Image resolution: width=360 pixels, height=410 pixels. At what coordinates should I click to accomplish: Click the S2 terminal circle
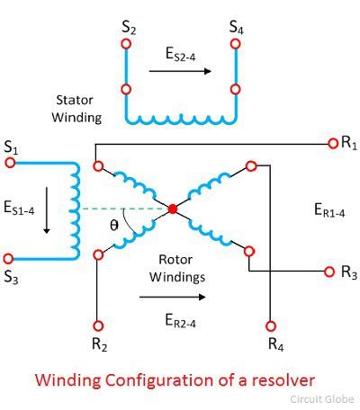coord(126,44)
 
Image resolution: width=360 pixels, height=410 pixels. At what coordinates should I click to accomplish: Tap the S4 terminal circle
coord(236,44)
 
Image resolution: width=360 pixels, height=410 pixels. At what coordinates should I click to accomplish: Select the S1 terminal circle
coord(10,163)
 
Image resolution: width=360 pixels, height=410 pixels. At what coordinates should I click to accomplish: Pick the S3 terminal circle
coord(8,258)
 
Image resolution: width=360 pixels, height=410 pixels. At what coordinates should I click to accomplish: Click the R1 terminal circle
coord(333,144)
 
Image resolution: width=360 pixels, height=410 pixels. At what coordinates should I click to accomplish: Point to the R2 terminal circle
coord(98,325)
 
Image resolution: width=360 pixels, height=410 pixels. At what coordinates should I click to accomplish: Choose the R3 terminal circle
coord(329,272)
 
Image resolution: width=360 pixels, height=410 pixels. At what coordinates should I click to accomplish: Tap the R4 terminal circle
coord(271,325)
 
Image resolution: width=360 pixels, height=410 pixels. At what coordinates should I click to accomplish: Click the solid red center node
coord(173,209)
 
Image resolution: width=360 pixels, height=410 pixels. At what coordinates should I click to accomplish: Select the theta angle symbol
coord(114,225)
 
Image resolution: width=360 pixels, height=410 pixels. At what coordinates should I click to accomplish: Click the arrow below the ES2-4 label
coord(180,71)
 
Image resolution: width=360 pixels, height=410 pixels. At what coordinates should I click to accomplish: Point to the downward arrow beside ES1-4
coord(47,210)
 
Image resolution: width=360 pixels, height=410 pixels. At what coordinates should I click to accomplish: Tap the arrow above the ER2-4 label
coord(173,297)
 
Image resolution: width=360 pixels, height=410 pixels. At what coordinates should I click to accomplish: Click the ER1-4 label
coord(329,209)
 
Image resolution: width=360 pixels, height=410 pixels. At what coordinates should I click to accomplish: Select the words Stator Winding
coord(76,109)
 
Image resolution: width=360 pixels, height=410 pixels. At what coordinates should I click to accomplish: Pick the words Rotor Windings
coord(177,268)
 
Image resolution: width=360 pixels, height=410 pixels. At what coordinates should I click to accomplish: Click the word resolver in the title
coord(283,380)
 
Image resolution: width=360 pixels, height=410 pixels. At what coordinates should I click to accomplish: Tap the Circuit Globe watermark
coord(322,399)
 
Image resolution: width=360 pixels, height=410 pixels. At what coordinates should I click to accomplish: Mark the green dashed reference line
coord(125,209)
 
